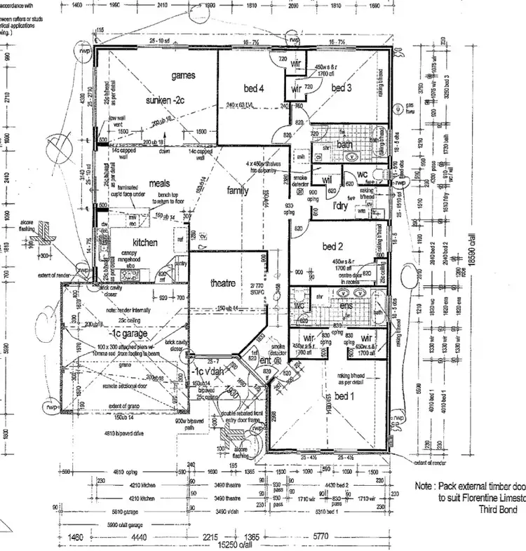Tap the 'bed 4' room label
point(255,88)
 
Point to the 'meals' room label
point(159,184)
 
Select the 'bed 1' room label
point(343,397)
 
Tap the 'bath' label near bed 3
point(344,145)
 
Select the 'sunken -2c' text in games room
point(166,101)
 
